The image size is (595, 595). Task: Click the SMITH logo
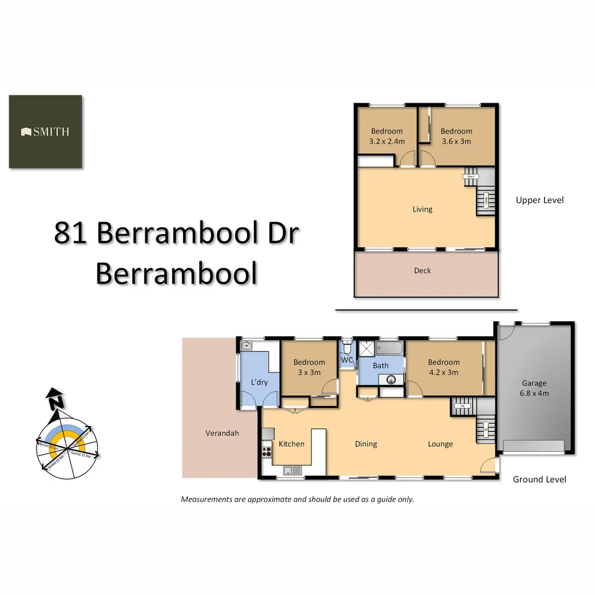point(45,132)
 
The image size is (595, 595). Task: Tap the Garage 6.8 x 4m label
point(534,388)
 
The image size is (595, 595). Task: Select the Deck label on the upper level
point(423,271)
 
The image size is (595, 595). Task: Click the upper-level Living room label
point(423,209)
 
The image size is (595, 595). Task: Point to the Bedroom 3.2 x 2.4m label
point(387,136)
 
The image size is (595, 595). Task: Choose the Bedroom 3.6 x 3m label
point(456,136)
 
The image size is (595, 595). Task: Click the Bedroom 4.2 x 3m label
point(443,367)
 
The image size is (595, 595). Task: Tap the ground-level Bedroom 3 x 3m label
point(309,367)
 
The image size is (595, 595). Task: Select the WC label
point(347,360)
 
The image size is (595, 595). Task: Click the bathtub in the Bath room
point(390,348)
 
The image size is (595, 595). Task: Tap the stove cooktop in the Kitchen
point(267,452)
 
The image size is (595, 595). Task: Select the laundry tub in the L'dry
point(247,346)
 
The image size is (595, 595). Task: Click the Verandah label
point(222,433)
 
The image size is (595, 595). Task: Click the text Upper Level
point(539,200)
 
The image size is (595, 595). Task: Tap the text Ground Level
point(539,479)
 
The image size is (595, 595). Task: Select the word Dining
point(366,444)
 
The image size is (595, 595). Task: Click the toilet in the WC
point(347,347)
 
